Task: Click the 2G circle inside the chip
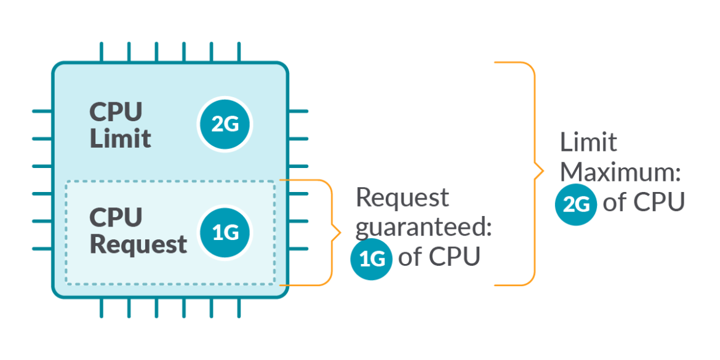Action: click(225, 125)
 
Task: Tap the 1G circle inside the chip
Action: click(225, 233)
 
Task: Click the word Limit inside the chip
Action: click(120, 138)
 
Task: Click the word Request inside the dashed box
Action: click(138, 244)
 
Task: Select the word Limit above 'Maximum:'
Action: click(588, 143)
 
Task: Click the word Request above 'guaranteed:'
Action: click(402, 198)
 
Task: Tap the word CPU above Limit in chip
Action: click(116, 111)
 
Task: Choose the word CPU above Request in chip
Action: click(116, 217)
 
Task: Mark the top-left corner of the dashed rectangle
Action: click(66, 181)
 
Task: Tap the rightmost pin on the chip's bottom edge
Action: click(239, 308)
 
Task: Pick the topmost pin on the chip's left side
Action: click(42, 112)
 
